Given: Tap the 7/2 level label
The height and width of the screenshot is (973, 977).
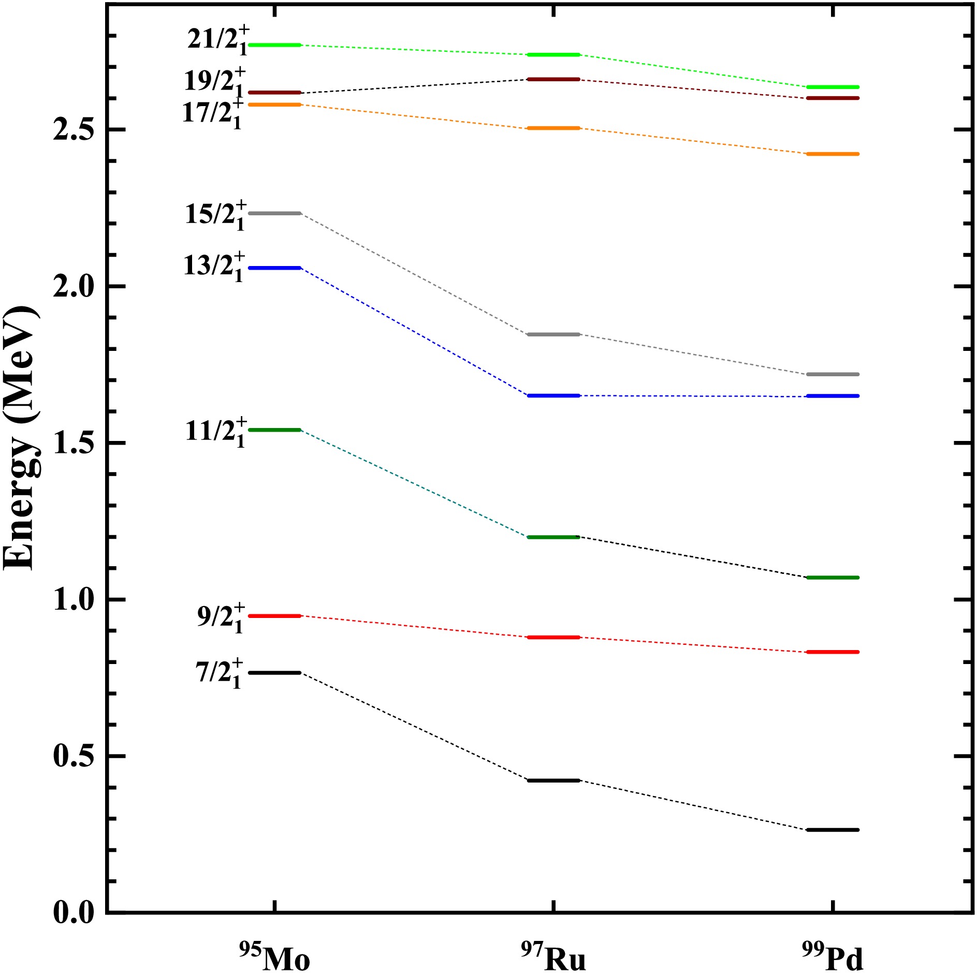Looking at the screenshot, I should point(219,673).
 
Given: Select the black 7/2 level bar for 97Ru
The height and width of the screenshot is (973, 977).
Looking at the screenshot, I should point(553,780).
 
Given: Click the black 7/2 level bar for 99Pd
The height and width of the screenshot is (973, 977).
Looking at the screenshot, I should point(833,830).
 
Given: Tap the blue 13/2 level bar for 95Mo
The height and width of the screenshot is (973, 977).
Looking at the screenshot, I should point(275,268).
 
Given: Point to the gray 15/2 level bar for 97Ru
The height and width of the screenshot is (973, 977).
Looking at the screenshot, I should point(553,334).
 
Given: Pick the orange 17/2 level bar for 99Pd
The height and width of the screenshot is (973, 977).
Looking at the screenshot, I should point(833,154).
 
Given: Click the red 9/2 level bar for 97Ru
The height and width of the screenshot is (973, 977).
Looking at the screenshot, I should point(553,637).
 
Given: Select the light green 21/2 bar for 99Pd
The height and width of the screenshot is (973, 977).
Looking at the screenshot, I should point(833,87).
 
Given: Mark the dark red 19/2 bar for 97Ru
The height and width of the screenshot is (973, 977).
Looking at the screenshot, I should point(553,79).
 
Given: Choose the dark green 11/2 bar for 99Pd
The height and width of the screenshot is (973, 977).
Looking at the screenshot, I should point(833,577).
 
